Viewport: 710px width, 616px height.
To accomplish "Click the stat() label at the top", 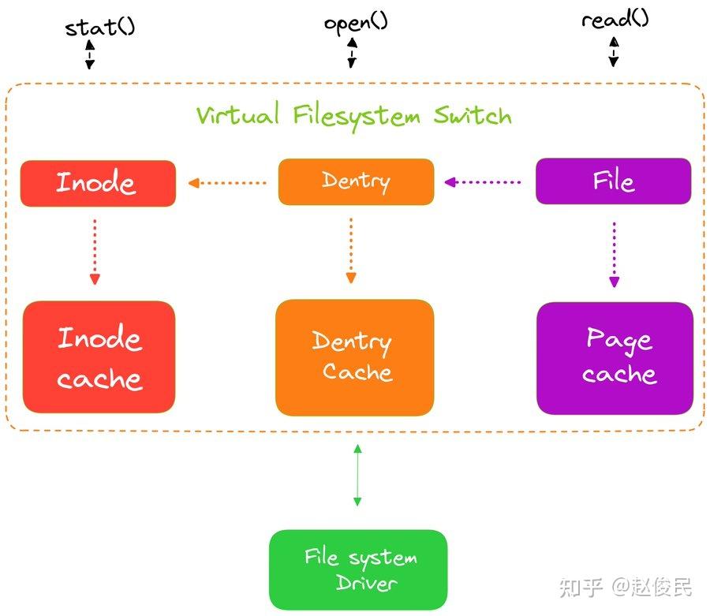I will pos(99,27).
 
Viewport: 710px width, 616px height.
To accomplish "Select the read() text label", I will pos(615,19).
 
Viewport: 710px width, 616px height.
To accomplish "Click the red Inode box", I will pos(98,183).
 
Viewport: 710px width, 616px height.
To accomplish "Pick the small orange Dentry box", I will pos(356,182).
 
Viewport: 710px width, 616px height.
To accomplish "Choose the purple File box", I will pos(613,181).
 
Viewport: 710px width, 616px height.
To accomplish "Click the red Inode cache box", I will pos(99,357).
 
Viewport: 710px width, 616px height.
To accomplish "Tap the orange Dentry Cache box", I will pos(354,357).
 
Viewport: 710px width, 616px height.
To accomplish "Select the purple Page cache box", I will pos(615,357).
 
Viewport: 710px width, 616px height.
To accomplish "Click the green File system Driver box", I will pos(358,569).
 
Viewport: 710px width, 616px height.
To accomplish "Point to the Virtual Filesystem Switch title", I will pos(354,116).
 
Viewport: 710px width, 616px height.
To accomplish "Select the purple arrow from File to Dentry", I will pos(483,182).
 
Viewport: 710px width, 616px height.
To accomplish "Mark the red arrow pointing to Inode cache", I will pos(95,251).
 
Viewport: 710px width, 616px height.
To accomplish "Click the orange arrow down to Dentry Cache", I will pos(351,251).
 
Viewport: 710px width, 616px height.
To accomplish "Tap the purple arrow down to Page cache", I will pos(615,254).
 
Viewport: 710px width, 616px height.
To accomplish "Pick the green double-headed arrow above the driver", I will pos(357,475).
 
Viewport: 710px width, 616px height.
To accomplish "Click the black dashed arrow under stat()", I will pos(90,54).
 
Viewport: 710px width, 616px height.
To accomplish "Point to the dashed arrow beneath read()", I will pos(614,52).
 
